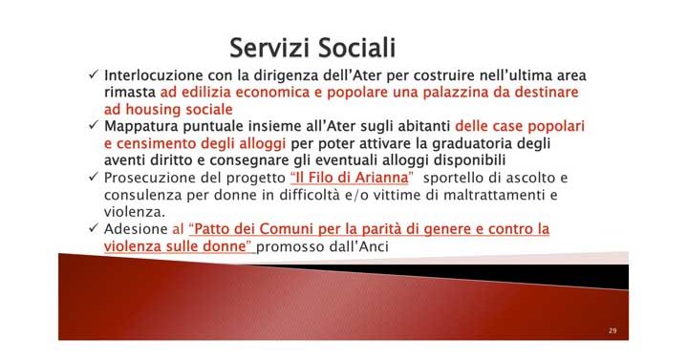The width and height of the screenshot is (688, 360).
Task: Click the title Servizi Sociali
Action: [x=312, y=47]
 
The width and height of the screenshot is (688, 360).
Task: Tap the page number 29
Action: [x=612, y=329]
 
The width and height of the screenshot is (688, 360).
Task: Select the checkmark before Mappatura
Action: [x=92, y=126]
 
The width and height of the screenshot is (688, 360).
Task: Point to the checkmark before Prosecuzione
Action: [x=92, y=178]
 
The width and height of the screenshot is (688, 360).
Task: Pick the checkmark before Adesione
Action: [x=92, y=229]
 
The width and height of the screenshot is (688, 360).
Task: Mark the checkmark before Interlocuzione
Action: [x=92, y=74]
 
